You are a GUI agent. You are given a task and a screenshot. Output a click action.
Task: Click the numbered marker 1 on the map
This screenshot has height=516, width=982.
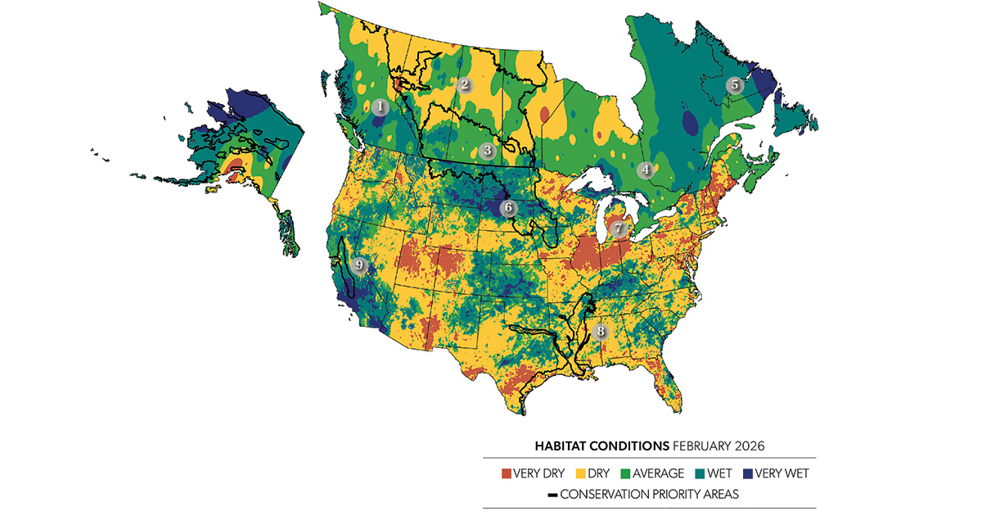pos(379,106)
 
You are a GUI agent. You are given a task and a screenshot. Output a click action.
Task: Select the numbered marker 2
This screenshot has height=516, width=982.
pos(464,84)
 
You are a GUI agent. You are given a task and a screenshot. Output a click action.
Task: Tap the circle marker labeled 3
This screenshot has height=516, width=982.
pos(488,150)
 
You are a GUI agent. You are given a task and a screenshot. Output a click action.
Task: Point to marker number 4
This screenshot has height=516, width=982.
pos(646,170)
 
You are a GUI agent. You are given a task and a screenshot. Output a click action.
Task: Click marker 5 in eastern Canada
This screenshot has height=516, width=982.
pos(734,84)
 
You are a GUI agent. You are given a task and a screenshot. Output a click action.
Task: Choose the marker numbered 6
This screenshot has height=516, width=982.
pos(508,208)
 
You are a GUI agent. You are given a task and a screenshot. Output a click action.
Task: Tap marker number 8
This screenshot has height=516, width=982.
pos(601,332)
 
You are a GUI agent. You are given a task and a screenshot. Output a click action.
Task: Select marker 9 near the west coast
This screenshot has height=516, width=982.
pos(358,265)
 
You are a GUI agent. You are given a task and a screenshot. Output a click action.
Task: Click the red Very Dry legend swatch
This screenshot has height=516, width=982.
pos(507,473)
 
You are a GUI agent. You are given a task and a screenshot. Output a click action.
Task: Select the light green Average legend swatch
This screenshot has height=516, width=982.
pos(631,473)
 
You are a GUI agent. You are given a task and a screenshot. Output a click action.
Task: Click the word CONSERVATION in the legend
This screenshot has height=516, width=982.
pos(606,495)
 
